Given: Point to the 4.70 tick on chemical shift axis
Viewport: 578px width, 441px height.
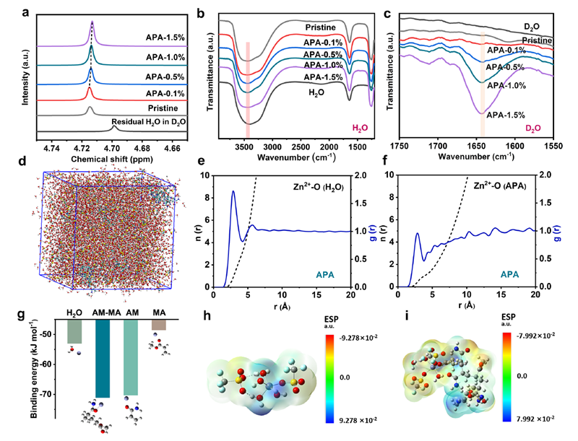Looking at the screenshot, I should (113, 147).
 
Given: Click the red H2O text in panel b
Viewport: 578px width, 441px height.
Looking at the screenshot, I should (359, 127).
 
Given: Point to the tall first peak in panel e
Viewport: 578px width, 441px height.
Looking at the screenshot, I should (233, 192).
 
